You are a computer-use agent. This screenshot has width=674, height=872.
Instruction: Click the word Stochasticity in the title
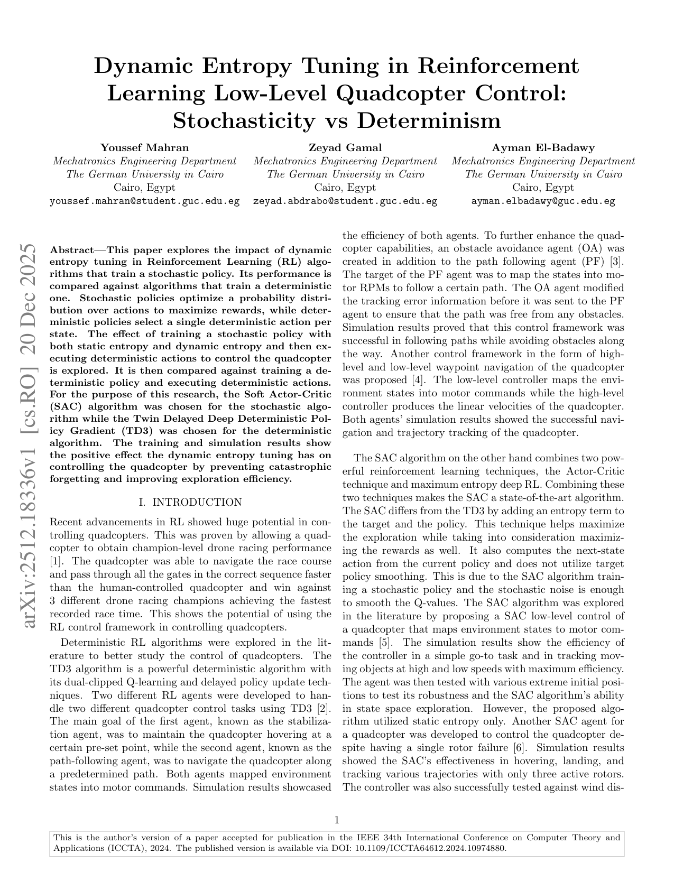coord(243,120)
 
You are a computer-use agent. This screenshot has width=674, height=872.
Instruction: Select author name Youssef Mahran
coord(144,147)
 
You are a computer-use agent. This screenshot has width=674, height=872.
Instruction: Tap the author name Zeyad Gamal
coord(345,147)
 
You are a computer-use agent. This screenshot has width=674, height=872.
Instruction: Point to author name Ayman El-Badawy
coord(543,147)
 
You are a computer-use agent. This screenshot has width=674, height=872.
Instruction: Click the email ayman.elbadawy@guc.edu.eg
coord(543,201)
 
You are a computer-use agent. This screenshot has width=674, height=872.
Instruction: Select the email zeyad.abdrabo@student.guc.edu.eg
coord(345,201)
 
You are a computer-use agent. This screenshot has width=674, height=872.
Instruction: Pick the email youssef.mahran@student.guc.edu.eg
coord(144,201)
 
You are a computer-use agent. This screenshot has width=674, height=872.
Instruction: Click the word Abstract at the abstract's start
coord(71,249)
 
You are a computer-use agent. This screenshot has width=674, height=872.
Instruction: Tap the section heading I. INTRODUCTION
coord(190,502)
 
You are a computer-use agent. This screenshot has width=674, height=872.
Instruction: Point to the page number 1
coord(337,820)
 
